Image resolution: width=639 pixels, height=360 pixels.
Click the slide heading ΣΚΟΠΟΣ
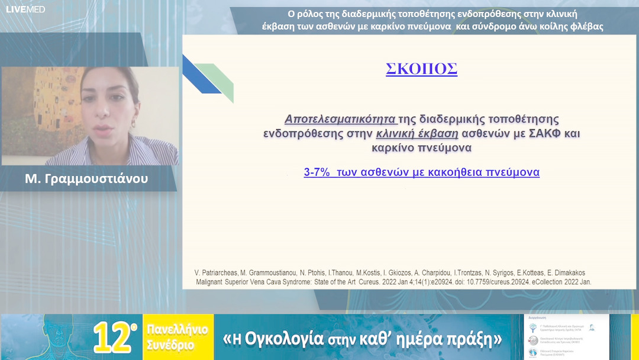click(x=421, y=69)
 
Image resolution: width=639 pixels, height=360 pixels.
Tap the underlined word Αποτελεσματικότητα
click(x=340, y=119)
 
